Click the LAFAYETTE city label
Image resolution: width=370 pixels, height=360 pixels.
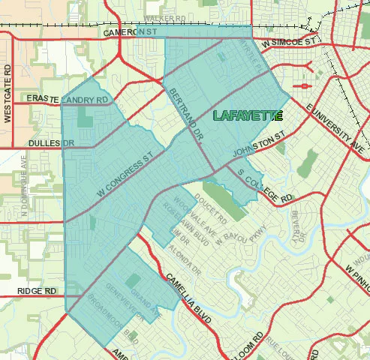pos(248,115)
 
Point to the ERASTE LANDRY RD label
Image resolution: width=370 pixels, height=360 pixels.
pos(68,99)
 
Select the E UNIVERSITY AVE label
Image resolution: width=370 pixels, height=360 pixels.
pos(335,123)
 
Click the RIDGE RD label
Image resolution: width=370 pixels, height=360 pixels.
pos(38,290)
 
